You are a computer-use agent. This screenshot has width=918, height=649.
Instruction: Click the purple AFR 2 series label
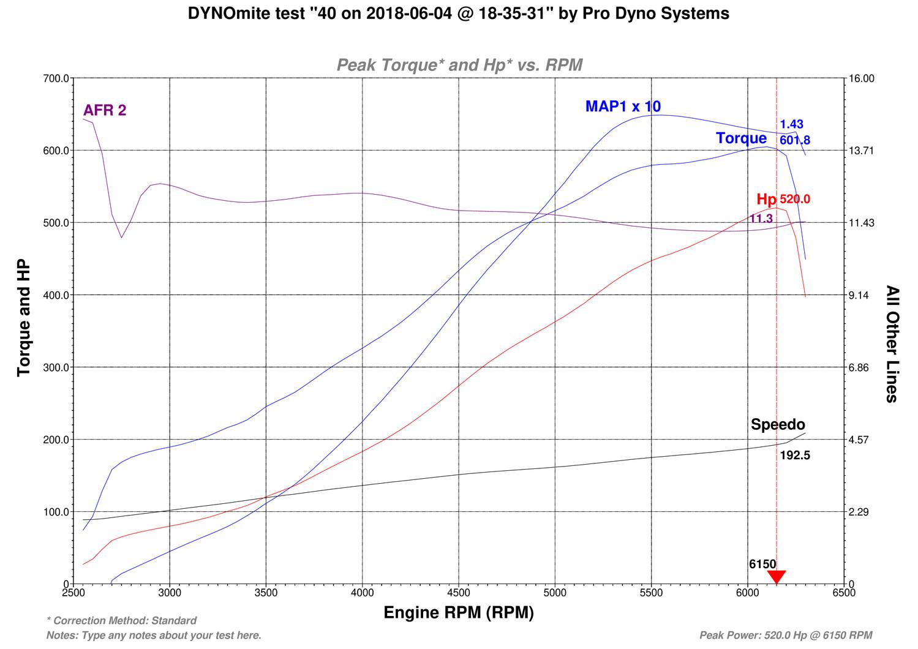point(105,110)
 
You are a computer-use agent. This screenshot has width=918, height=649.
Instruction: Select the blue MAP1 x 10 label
point(623,106)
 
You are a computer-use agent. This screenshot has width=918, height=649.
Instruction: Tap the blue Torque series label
point(741,138)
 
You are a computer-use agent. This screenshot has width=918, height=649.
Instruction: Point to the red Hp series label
point(766,199)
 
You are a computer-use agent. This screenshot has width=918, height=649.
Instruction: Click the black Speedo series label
point(778,424)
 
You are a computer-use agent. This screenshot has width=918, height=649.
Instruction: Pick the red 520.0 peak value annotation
point(795,199)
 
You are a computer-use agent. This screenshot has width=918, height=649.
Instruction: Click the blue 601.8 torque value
point(795,140)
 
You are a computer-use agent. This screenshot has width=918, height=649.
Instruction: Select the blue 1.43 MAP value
point(791,124)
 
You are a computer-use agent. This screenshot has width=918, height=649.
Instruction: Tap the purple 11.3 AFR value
point(761,219)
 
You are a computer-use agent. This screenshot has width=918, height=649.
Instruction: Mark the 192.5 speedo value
point(795,456)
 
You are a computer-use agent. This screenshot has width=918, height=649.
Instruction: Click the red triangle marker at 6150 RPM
point(776,577)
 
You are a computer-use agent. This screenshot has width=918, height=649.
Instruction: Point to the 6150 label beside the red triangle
point(762,564)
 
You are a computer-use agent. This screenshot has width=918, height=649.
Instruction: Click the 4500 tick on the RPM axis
point(459,593)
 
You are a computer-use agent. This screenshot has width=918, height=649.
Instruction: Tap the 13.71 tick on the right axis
point(861,151)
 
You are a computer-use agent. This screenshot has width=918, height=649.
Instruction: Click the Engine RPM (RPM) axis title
point(459,613)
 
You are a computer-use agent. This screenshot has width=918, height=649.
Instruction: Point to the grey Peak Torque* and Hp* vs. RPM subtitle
point(459,65)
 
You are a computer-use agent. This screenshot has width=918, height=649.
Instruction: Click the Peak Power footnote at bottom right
point(786,636)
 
